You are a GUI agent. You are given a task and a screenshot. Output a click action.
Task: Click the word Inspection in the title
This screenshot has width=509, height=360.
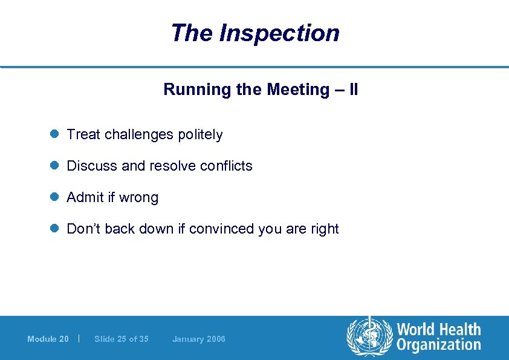click(x=279, y=33)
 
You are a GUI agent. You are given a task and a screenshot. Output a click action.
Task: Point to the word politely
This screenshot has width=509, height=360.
click(x=200, y=134)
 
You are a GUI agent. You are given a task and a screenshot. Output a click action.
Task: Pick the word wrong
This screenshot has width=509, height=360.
click(x=139, y=198)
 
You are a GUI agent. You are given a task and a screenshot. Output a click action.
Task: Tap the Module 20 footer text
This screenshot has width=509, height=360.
click(x=48, y=339)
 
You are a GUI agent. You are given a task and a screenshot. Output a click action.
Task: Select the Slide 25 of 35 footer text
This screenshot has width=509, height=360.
click(x=121, y=339)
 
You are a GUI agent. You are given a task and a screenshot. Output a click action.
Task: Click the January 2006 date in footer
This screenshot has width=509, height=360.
click(x=198, y=339)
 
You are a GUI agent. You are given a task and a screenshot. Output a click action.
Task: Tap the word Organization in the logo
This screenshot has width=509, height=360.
click(x=438, y=345)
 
